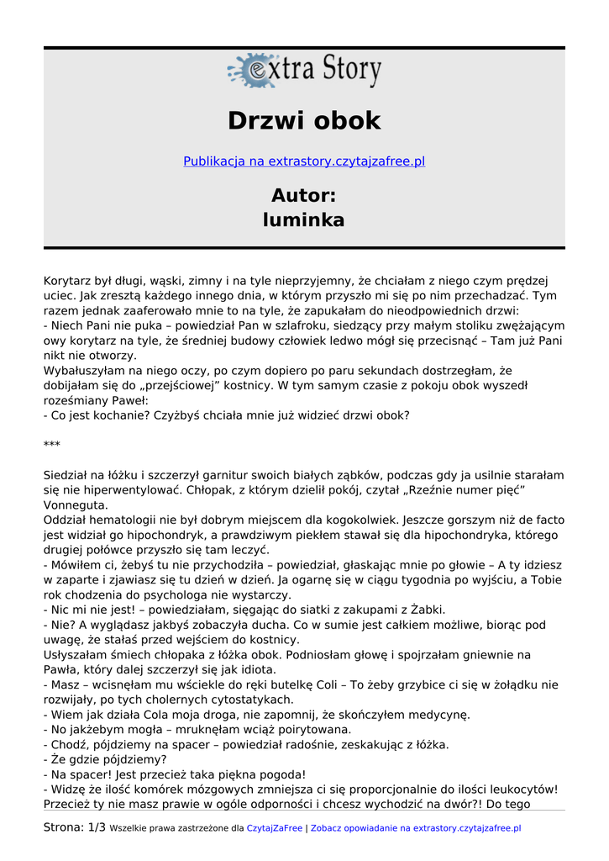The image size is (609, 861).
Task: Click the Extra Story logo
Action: click(304, 71)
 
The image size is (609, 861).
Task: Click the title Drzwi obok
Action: click(304, 121)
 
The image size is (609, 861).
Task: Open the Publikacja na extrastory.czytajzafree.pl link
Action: click(304, 161)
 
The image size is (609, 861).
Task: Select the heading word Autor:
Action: click(304, 196)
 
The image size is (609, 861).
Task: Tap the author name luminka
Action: click(304, 220)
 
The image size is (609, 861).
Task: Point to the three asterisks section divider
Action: click(51, 444)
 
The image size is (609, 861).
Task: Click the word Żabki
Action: click(425, 609)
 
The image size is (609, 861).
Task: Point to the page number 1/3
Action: click(97, 827)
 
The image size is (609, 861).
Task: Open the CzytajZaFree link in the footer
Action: click(275, 828)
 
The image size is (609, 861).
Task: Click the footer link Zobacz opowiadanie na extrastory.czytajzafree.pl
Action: click(416, 828)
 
